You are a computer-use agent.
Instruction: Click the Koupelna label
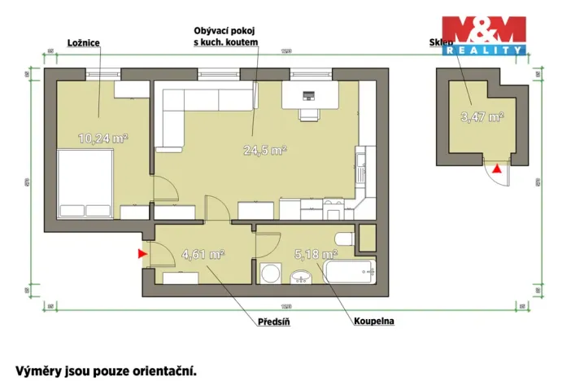373,321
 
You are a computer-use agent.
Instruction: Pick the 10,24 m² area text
102,138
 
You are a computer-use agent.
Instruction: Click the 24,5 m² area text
265,150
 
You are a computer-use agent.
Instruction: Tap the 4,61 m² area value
203,254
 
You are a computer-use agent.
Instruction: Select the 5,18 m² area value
316,254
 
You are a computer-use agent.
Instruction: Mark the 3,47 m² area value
482,116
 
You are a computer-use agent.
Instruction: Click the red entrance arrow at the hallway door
142,254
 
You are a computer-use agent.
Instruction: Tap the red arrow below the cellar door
498,169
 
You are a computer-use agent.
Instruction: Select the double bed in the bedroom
85,185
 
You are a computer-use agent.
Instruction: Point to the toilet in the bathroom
344,239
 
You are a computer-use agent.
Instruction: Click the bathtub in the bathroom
350,271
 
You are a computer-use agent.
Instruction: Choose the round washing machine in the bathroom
269,273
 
